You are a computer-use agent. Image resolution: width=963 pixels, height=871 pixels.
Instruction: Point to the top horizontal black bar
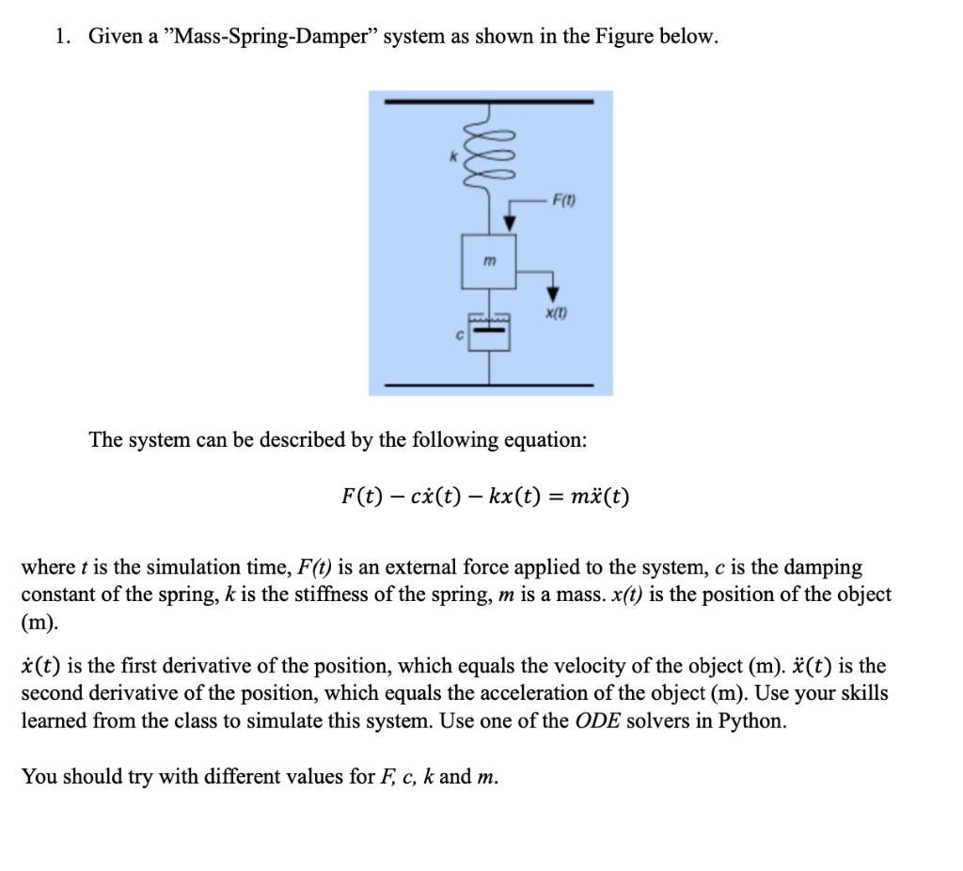pyautogui.click(x=489, y=101)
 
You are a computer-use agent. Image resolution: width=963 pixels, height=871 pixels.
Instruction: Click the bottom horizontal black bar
pyautogui.click(x=489, y=385)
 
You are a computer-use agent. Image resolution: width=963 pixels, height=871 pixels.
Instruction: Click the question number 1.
pyautogui.click(x=61, y=38)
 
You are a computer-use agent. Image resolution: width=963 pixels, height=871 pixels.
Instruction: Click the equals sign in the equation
pyautogui.click(x=555, y=496)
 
